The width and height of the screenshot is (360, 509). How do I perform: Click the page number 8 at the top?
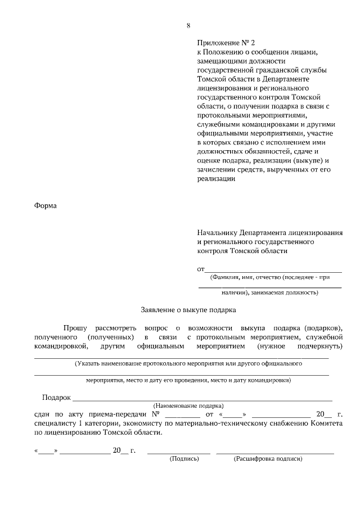coord(188,25)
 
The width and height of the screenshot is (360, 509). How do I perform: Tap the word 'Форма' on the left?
coord(46,205)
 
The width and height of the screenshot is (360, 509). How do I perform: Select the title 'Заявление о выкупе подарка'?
coord(188,309)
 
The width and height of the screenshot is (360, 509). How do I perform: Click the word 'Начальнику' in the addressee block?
coord(217,233)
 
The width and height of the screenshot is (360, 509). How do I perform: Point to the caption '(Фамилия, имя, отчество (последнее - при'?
coord(269,277)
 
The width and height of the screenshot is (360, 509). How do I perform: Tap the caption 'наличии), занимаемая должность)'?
coord(269,292)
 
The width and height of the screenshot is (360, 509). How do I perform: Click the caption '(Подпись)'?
coord(184,459)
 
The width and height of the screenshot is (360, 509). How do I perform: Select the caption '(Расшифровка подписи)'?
coord(268,459)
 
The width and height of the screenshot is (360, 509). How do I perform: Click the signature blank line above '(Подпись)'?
coord(179,452)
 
